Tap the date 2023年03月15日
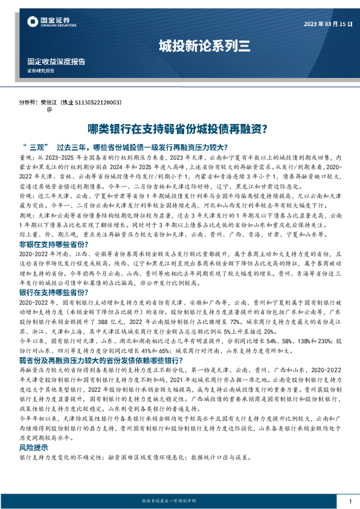coord(326,24)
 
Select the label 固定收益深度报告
coord(56,62)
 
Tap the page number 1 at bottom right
coord(350,502)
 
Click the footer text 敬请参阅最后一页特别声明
coord(179,502)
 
